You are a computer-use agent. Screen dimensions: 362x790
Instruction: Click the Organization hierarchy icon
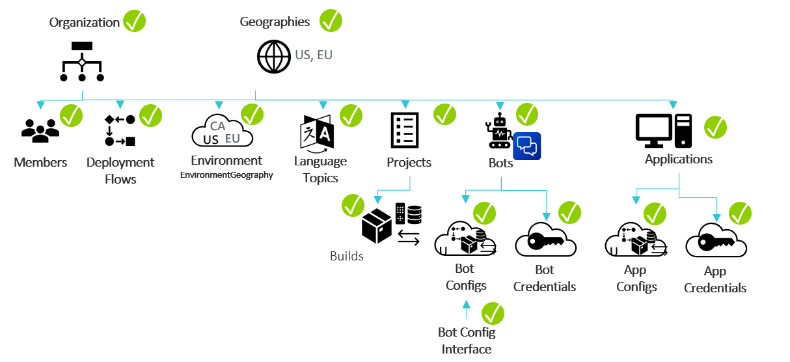coord(82,62)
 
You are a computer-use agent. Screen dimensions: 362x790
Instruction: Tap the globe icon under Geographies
coord(274,56)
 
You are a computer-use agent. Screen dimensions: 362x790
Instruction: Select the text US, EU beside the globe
coord(314,55)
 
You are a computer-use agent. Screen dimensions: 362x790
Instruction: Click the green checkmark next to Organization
coord(135,21)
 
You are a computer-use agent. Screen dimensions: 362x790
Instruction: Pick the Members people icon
coord(40,131)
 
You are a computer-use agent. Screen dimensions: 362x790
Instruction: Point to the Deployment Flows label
coord(120,171)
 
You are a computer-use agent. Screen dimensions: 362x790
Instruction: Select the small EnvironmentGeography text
coord(226,175)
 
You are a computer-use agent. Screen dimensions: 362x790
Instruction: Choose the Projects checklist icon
coord(404,130)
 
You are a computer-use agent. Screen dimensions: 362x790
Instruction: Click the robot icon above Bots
coord(498,129)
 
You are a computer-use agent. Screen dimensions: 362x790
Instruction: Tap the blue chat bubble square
coord(526,146)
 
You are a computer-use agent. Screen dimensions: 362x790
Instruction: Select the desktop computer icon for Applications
coord(663,130)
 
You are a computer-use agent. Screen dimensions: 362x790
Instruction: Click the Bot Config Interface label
coord(467,341)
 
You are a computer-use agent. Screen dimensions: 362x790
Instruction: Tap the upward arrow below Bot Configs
coord(466,310)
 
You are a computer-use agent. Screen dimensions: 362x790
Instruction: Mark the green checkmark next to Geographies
coord(330,21)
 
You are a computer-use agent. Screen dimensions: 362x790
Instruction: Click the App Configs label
coord(636,279)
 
